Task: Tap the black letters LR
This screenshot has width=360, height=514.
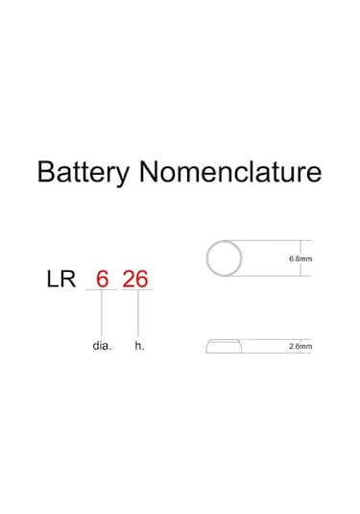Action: [x=63, y=280]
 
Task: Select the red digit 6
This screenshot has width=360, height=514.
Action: [x=102, y=280]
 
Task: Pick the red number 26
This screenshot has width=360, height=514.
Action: [x=135, y=280]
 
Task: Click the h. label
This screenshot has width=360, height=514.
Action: [x=139, y=345]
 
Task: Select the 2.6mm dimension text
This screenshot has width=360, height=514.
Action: [x=300, y=346]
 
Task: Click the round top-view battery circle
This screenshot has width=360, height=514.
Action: [x=226, y=258]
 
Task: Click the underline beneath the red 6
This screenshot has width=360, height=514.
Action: [x=102, y=291]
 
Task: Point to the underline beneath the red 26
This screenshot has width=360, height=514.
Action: [x=135, y=291]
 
